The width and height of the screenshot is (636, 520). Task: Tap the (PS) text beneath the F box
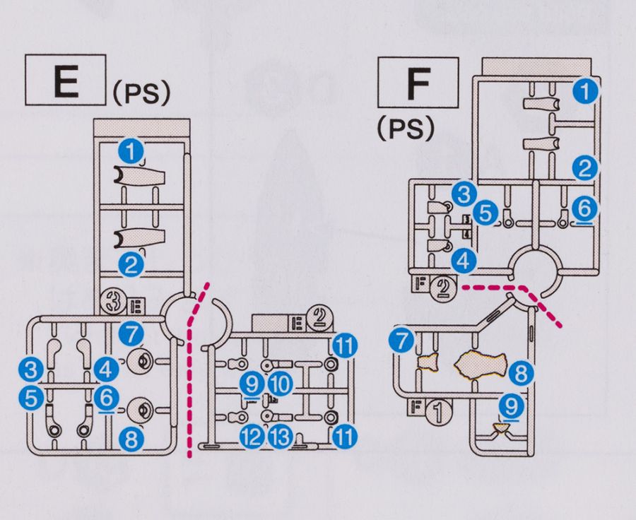coord(404,129)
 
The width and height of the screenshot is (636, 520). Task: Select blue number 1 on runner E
coord(131,149)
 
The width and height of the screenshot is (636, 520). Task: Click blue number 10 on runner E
coord(280,385)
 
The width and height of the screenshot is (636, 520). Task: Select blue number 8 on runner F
coord(519,372)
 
